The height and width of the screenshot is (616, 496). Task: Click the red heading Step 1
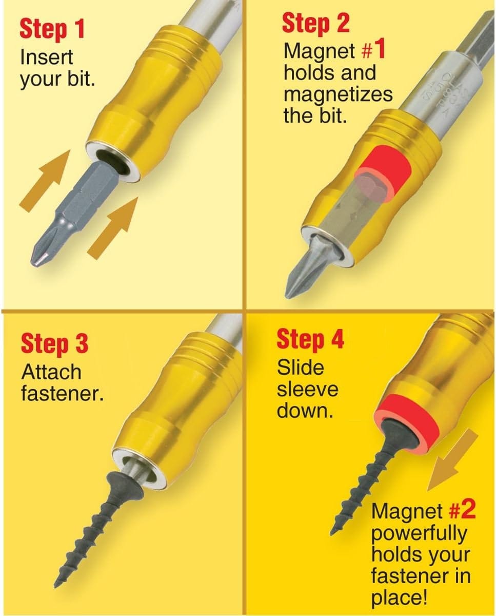(x=52, y=29)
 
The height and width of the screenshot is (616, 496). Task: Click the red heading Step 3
(x=54, y=343)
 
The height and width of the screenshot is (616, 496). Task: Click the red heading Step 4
(x=310, y=339)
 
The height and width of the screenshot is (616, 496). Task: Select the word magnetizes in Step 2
(x=338, y=94)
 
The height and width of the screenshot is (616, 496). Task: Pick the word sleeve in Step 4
(x=308, y=390)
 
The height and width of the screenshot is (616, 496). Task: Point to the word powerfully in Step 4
(x=420, y=533)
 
